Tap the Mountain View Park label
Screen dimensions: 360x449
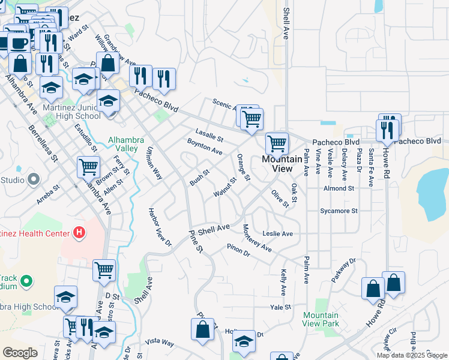tap(321, 319)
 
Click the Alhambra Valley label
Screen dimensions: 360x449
tap(126, 144)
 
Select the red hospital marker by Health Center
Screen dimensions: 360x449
tap(77, 232)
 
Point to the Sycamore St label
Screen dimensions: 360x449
tap(339, 211)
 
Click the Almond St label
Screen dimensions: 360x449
tap(339, 188)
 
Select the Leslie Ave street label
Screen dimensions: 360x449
tap(277, 233)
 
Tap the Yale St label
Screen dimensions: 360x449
tap(280, 307)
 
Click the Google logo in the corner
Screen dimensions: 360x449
tap(20, 353)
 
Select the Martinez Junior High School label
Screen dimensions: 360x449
tap(71, 112)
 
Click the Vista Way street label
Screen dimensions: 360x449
tap(160, 342)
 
